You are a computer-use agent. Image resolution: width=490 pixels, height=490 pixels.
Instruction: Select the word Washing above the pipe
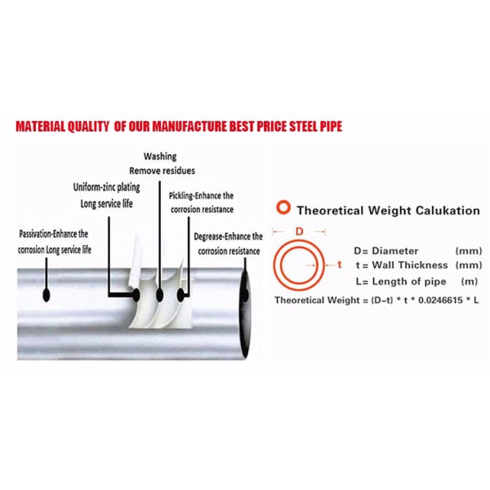160,156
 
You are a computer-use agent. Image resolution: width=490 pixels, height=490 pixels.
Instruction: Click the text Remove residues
162,171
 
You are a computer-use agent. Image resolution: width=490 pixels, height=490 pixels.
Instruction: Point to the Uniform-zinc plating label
106,187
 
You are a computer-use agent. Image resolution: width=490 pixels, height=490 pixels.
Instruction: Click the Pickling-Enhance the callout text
201,196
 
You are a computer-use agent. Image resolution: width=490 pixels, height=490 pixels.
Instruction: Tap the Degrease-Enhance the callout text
228,237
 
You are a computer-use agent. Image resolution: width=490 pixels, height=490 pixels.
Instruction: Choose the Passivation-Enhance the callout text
53,234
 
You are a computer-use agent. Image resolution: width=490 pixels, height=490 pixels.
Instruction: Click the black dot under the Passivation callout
47,294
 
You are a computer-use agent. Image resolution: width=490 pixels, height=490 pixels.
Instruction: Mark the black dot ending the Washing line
160,295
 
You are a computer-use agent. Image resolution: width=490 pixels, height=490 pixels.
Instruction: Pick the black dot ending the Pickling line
180,295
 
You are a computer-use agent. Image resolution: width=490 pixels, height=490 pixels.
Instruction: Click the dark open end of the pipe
245,313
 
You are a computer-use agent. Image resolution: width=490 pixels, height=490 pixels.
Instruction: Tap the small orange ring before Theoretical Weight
283,207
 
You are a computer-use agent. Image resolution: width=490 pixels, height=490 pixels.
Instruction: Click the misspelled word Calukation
448,211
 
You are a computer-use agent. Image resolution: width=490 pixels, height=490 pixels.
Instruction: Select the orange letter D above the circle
300,232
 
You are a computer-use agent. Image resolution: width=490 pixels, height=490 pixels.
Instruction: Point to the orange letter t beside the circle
340,265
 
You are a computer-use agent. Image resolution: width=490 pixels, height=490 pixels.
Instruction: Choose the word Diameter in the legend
395,251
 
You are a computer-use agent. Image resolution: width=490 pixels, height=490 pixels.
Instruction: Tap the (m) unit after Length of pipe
470,282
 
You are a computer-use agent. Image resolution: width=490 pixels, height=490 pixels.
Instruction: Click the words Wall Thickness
410,265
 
